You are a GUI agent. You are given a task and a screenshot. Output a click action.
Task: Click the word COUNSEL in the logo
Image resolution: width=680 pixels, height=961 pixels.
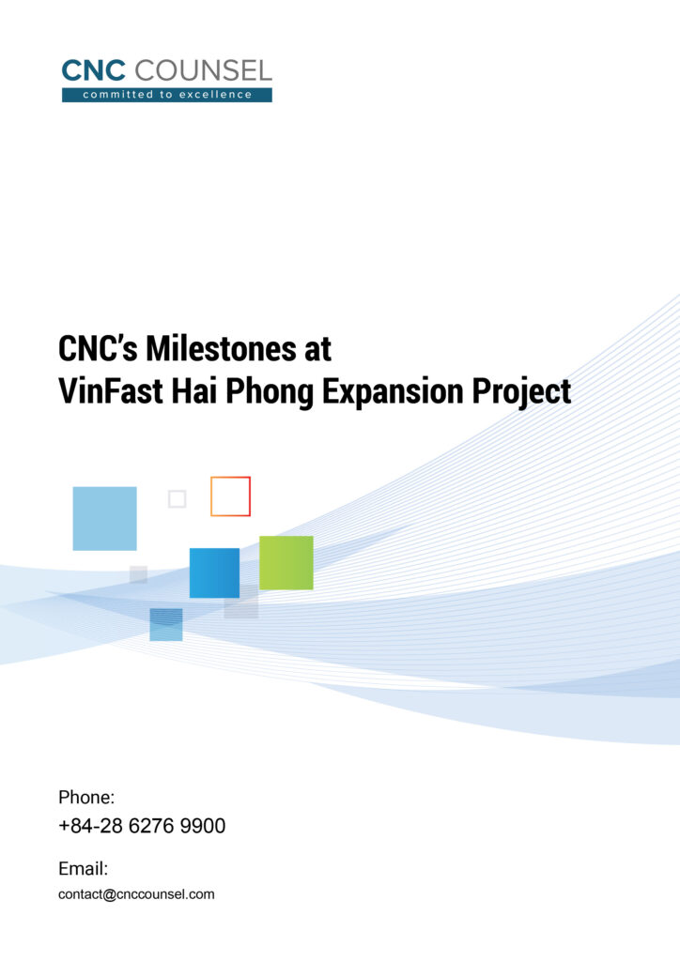[204, 70]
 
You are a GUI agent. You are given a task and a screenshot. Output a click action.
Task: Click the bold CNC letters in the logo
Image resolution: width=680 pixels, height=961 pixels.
[95, 70]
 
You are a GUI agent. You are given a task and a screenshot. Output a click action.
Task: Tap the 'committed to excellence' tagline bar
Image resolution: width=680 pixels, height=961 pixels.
[167, 95]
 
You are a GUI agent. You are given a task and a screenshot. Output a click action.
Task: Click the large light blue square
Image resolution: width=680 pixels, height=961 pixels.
[104, 518]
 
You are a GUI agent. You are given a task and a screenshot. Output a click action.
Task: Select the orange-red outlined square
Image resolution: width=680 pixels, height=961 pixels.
[230, 496]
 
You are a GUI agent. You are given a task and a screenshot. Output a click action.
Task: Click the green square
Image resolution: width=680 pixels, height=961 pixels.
[286, 562]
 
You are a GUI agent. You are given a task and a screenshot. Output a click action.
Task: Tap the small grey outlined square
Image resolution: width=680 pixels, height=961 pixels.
[177, 499]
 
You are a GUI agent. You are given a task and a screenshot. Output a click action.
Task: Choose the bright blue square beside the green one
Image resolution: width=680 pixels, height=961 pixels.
[214, 572]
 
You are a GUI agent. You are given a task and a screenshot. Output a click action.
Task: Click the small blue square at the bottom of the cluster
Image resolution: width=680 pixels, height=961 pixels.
[165, 624]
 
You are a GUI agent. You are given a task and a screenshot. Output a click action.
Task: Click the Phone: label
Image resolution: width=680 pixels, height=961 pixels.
[86, 798]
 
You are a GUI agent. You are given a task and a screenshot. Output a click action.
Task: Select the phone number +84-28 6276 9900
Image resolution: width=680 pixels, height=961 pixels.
[142, 827]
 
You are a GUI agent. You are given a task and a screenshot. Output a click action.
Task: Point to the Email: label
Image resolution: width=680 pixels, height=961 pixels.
[84, 869]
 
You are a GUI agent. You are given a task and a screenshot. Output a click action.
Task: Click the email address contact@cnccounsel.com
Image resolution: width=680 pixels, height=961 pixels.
[136, 894]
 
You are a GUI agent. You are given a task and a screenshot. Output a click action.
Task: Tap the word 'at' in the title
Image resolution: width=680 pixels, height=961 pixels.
[317, 349]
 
